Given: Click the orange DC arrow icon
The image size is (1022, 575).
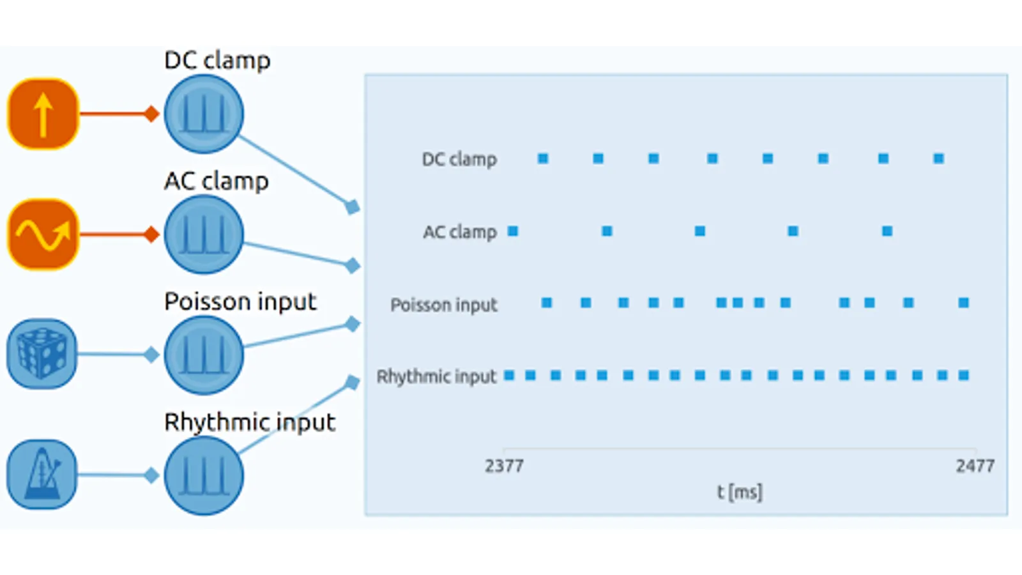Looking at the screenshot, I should (x=43, y=114).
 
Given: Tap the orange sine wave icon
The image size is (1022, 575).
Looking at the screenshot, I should (x=43, y=234).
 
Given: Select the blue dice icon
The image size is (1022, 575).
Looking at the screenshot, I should (x=42, y=354).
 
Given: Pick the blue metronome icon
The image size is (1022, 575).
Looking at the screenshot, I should (x=42, y=475).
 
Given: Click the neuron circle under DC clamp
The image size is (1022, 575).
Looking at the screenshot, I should (x=204, y=114).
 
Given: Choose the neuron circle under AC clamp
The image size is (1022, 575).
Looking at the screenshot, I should (x=204, y=234).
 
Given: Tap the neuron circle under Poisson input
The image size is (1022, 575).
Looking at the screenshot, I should (x=204, y=355).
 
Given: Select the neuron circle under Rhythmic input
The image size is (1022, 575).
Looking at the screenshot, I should (x=204, y=475).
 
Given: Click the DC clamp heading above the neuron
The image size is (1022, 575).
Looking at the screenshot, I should (x=217, y=60).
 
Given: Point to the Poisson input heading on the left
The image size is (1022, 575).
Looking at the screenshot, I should (x=240, y=301).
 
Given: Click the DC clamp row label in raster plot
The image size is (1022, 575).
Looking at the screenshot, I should (x=459, y=159).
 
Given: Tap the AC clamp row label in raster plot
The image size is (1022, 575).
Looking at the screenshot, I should (x=460, y=231).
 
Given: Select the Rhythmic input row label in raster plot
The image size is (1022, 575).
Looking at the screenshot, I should (x=436, y=376).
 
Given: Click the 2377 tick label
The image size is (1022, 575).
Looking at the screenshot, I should (x=504, y=466).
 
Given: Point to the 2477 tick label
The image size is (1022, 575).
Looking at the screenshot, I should (x=975, y=466).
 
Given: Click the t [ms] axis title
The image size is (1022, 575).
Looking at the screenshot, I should (x=739, y=492).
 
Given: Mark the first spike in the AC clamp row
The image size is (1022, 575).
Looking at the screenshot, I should (x=513, y=231).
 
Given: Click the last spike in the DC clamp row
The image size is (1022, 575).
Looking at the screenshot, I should (x=938, y=158).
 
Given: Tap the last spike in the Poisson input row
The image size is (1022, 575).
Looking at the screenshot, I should (x=964, y=303).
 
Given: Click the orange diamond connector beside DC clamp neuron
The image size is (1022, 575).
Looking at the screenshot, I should (x=151, y=114).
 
